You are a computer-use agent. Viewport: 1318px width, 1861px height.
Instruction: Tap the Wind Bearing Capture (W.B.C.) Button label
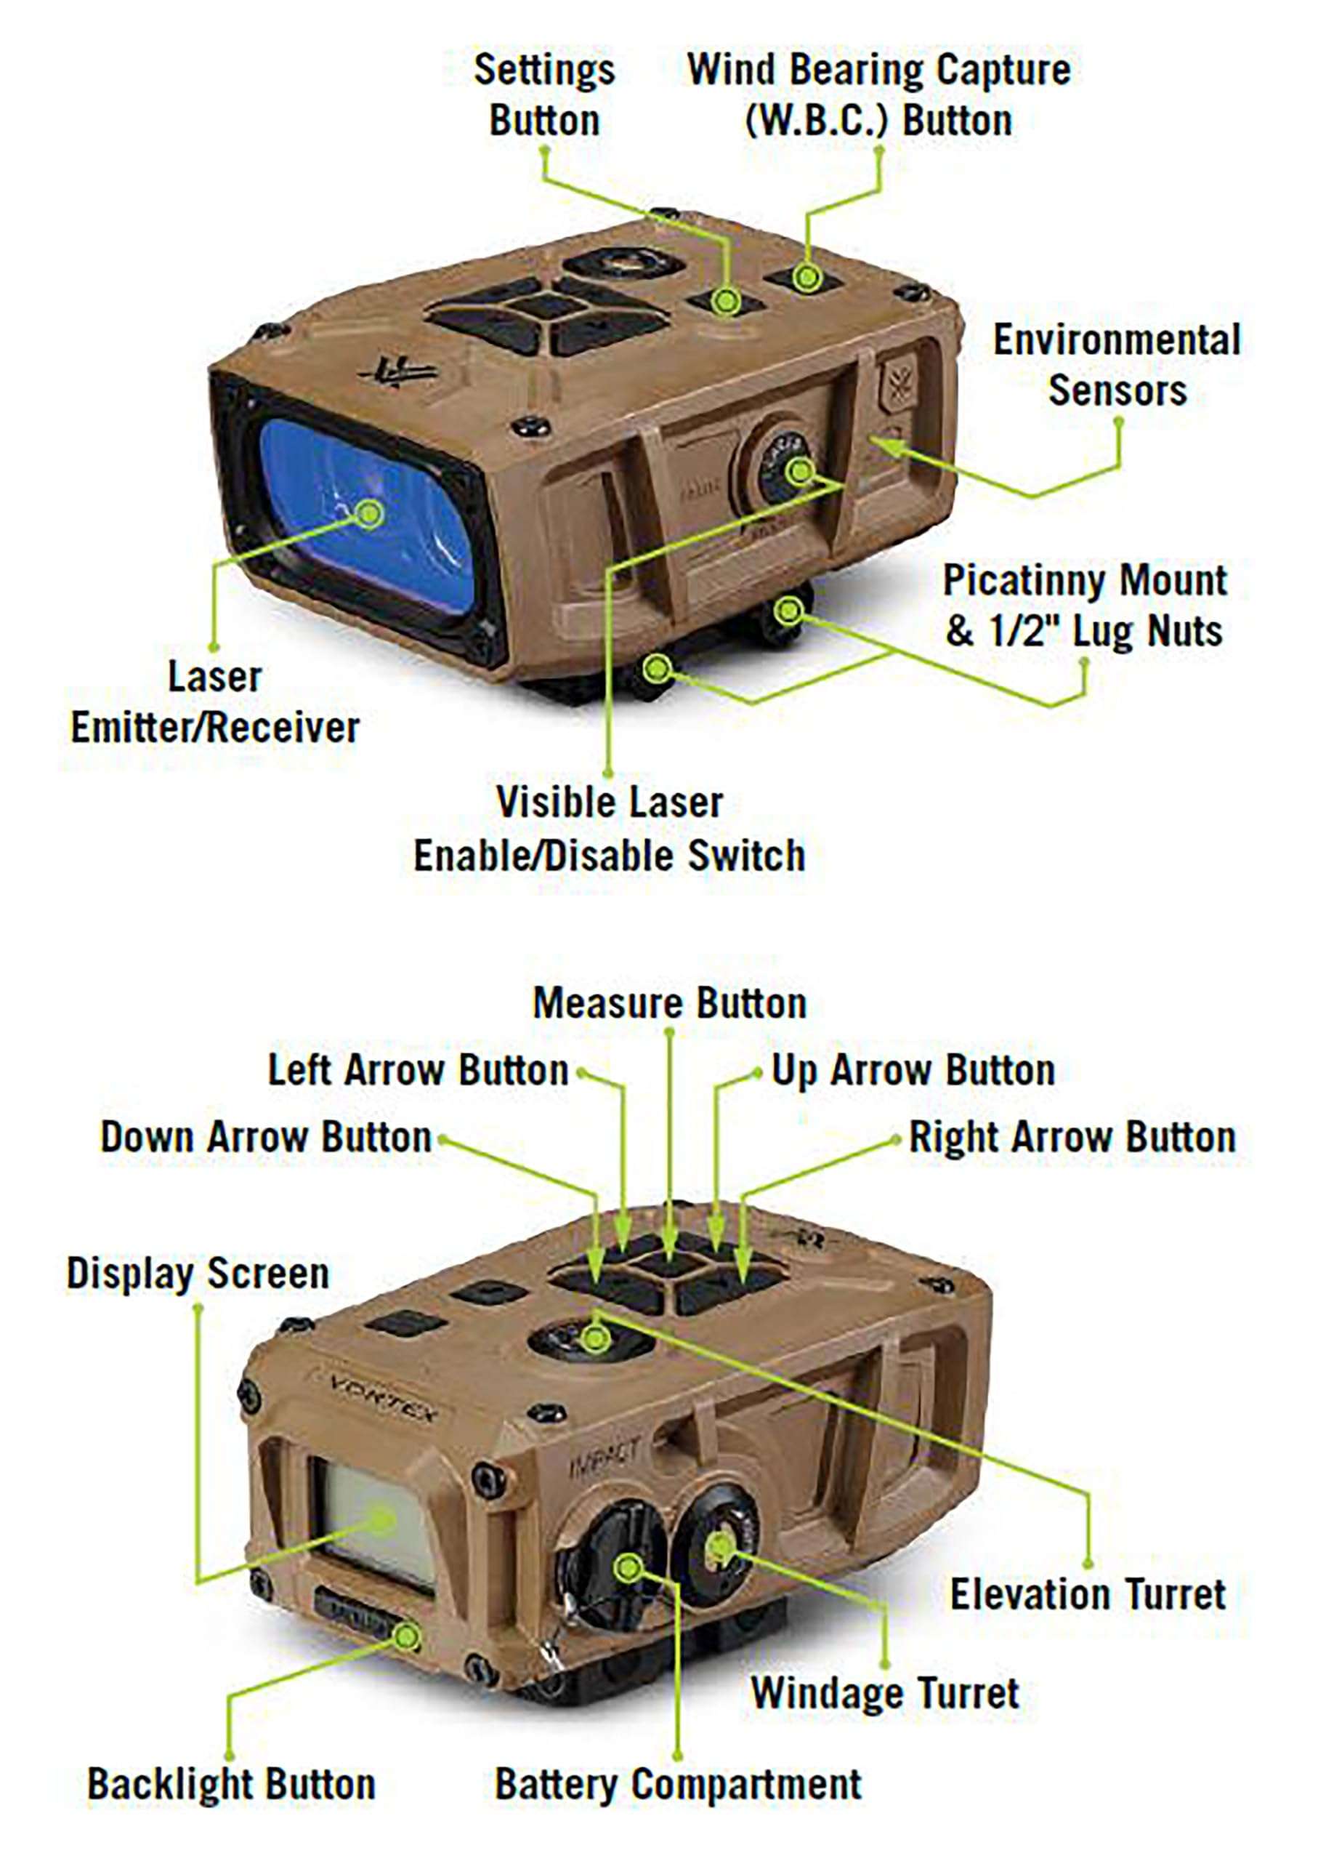pyautogui.click(x=879, y=95)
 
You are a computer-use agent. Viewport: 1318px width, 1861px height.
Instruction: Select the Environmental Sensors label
pyautogui.click(x=1117, y=366)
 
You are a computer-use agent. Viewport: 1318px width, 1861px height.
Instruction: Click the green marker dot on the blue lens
pyautogui.click(x=370, y=513)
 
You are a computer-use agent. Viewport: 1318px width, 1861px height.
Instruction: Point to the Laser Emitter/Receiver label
pyautogui.click(x=215, y=702)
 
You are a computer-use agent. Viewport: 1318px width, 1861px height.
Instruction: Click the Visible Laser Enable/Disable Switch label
pyautogui.click(x=610, y=829)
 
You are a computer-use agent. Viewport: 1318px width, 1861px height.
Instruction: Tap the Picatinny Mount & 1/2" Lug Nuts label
pyautogui.click(x=1084, y=606)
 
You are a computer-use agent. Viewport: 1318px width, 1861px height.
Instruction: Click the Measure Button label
pyautogui.click(x=670, y=1004)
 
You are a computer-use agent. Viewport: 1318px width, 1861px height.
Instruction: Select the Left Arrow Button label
pyautogui.click(x=418, y=1070)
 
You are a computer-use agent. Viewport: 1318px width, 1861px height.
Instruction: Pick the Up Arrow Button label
pyautogui.click(x=913, y=1070)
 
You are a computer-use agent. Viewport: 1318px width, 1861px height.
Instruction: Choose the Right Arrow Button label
pyautogui.click(x=1071, y=1137)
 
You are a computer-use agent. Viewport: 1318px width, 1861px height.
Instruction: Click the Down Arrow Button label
pyautogui.click(x=265, y=1137)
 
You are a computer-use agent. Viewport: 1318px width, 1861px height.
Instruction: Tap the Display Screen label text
pyautogui.click(x=198, y=1273)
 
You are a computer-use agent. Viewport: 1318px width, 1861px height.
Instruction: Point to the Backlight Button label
pyautogui.click(x=231, y=1785)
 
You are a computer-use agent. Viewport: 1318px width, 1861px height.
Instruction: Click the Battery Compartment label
pyautogui.click(x=679, y=1785)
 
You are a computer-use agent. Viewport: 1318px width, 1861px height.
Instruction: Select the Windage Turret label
pyautogui.click(x=885, y=1693)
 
